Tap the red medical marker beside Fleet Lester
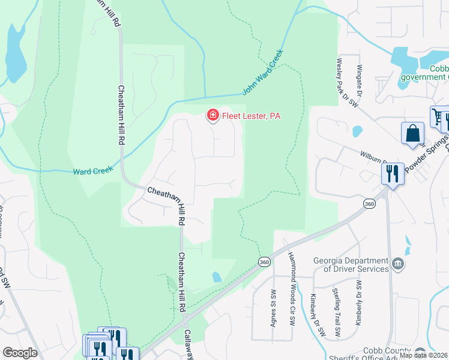tap(212, 115)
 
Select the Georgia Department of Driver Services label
tap(351, 265)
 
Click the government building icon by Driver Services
tap(397, 263)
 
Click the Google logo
tap(20, 353)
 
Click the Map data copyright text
tap(423, 355)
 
